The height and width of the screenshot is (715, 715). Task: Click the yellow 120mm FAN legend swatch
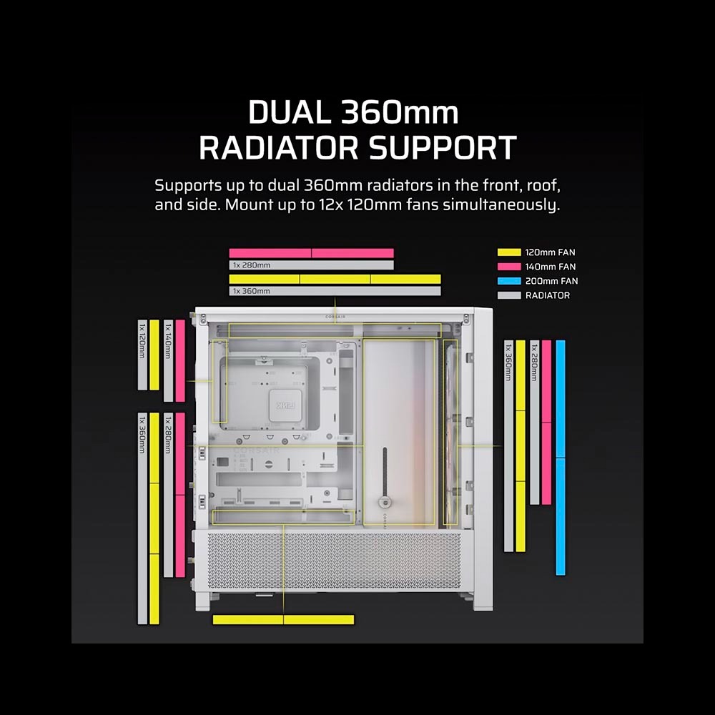(509, 252)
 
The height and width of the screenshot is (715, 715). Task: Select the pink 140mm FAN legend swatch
(509, 266)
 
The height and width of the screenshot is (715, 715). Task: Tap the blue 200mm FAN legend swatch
(509, 281)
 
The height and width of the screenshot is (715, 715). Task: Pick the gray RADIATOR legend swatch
(509, 295)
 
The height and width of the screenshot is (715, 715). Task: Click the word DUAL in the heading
(290, 112)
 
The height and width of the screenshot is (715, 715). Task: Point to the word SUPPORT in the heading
(443, 148)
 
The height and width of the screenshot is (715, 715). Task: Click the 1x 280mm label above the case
(251, 265)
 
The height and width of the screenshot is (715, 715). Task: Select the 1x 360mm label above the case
(251, 291)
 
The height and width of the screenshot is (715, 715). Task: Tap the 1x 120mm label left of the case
(142, 340)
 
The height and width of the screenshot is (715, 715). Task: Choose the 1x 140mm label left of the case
(168, 340)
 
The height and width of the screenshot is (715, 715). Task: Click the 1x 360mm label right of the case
(508, 363)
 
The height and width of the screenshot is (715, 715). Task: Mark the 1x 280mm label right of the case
(534, 363)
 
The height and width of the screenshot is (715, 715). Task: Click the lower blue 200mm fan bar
(561, 517)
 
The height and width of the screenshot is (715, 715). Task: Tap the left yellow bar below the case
(248, 620)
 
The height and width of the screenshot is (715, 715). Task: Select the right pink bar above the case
(353, 253)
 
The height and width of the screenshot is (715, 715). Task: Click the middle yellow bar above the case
(335, 279)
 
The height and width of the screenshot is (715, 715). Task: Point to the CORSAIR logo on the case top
(335, 317)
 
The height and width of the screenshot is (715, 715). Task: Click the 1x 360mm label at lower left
(142, 435)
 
